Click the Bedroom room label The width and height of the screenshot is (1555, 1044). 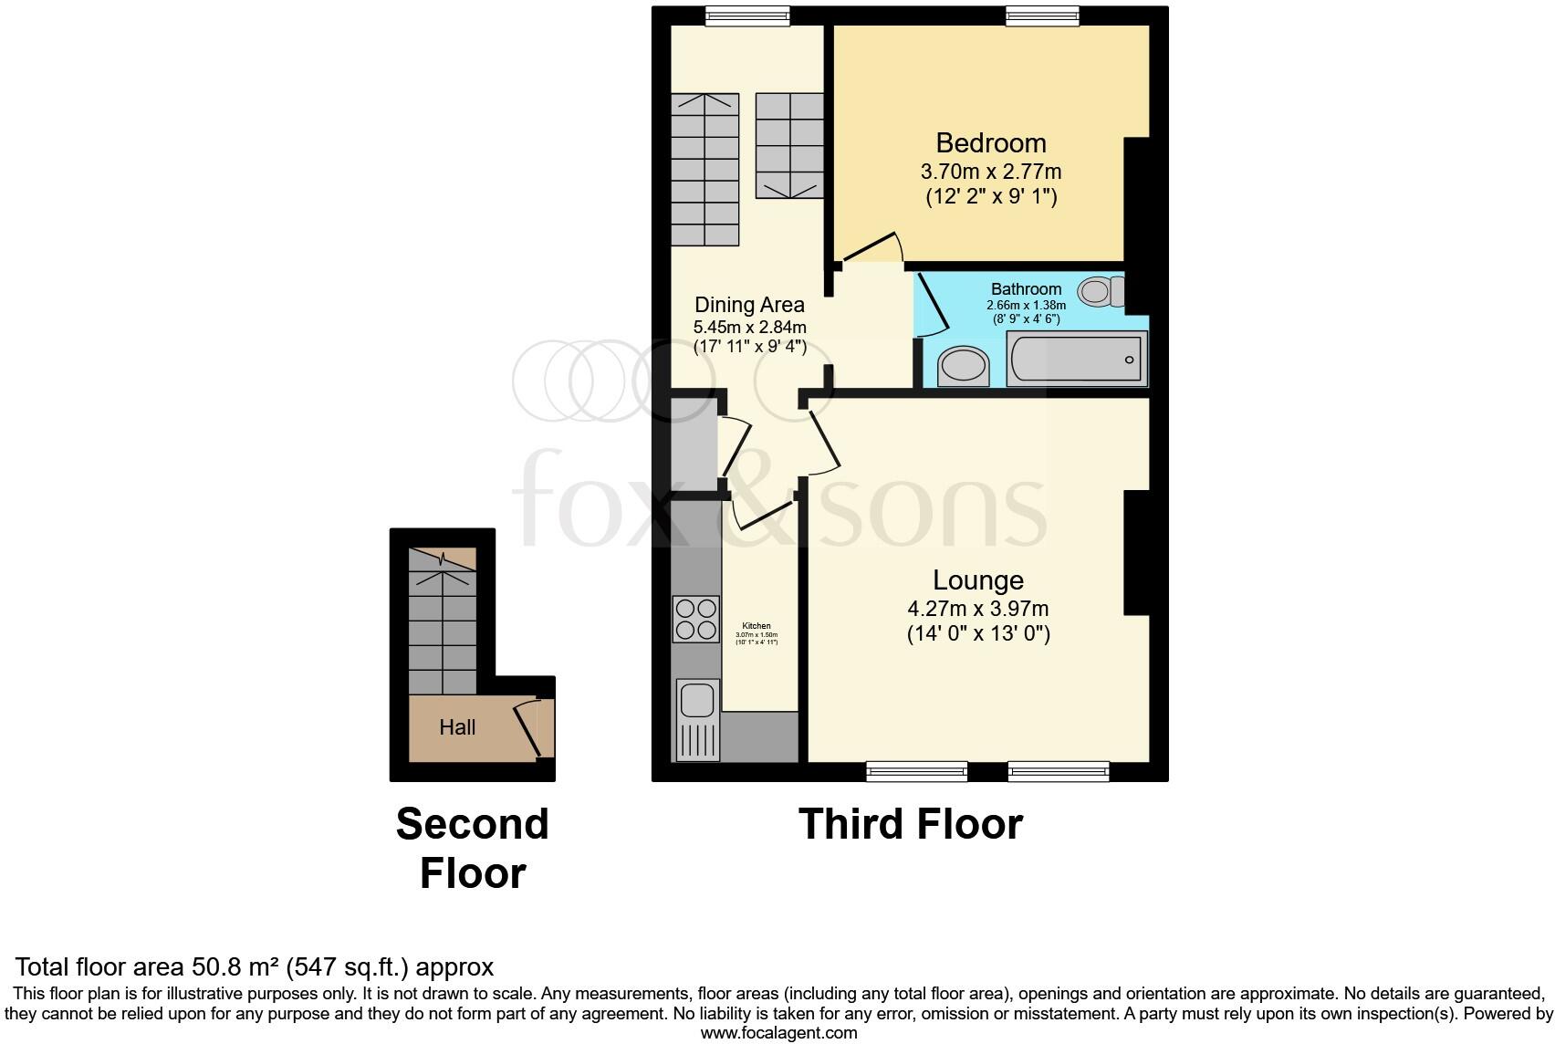(990, 143)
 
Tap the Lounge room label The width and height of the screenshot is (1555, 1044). (977, 580)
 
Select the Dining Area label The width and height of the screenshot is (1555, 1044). (749, 305)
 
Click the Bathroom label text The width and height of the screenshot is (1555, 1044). (1026, 289)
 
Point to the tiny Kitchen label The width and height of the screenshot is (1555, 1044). (757, 626)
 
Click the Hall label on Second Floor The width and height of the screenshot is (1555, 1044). (457, 727)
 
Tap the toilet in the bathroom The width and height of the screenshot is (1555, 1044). (1098, 292)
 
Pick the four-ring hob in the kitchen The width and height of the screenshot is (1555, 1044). (695, 619)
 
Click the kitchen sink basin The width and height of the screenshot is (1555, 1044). (696, 700)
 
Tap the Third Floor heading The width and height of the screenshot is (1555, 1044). (910, 824)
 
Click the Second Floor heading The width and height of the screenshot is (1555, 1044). (472, 848)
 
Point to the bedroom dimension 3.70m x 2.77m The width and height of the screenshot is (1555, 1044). (990, 172)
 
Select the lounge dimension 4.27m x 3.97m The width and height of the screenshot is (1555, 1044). (977, 609)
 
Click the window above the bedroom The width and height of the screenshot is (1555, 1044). (1042, 16)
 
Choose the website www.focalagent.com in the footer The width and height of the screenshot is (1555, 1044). (778, 1033)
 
